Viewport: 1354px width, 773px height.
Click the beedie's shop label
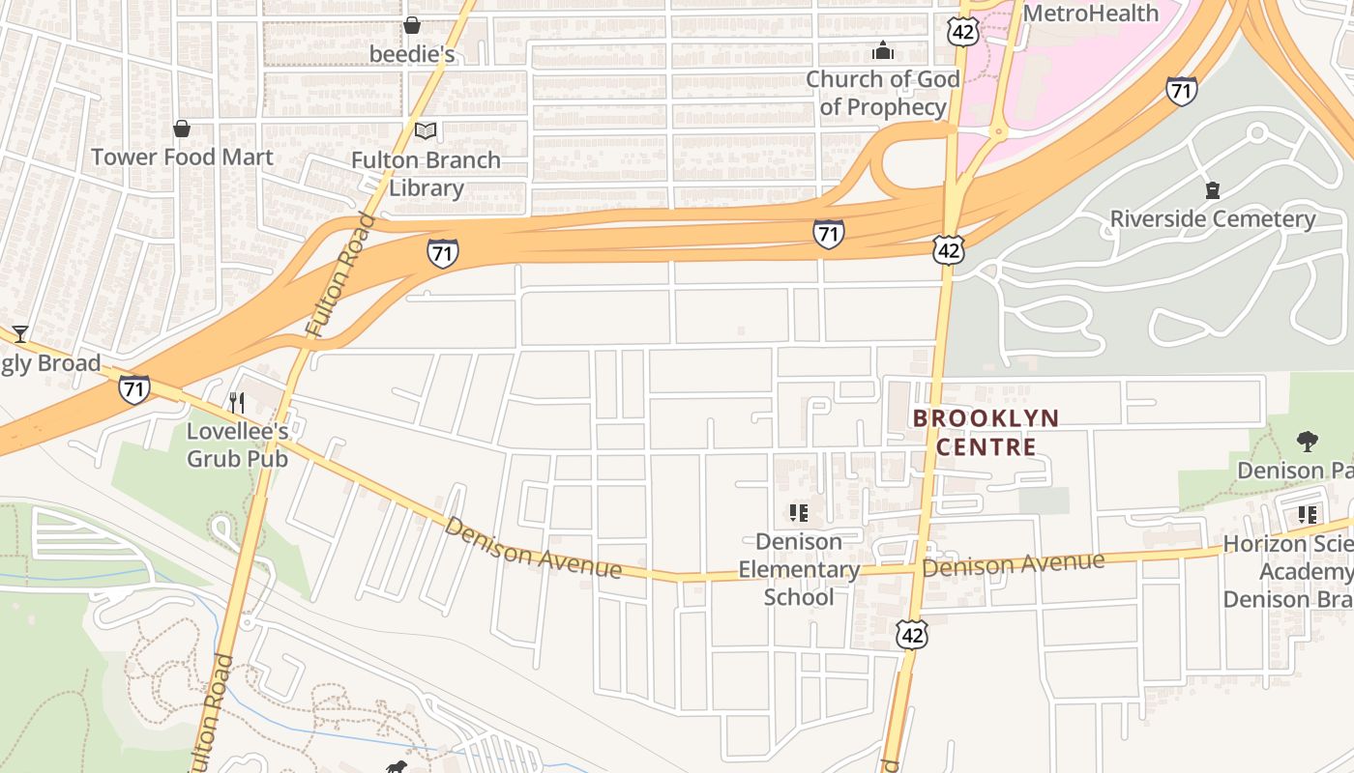click(x=412, y=54)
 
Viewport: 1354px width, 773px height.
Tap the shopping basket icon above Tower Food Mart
click(x=181, y=129)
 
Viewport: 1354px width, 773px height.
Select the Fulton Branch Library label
click(x=426, y=174)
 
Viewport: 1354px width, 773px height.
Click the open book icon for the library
click(x=426, y=130)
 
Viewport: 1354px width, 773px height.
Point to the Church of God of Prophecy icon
click(x=882, y=50)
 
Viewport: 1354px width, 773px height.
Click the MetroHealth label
click(x=1090, y=14)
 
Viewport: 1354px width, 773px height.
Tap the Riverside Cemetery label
click(x=1212, y=219)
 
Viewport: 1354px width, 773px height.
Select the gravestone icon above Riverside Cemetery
click(x=1213, y=190)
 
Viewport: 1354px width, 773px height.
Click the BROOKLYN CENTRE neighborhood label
click(x=986, y=432)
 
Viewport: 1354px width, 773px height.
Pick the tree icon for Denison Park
click(x=1307, y=442)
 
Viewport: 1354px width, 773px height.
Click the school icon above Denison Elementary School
click(x=798, y=513)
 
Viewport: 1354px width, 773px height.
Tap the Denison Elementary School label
click(x=798, y=569)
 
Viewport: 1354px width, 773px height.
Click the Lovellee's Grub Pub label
click(x=237, y=444)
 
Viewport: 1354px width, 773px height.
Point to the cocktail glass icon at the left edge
click(x=20, y=334)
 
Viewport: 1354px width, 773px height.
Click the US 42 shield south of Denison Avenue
click(x=911, y=634)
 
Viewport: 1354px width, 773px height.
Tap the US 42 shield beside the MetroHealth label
click(x=963, y=32)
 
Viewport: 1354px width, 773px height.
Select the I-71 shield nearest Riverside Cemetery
click(x=1181, y=90)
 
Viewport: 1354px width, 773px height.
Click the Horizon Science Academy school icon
click(x=1308, y=514)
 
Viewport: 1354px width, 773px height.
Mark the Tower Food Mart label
click(x=182, y=157)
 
